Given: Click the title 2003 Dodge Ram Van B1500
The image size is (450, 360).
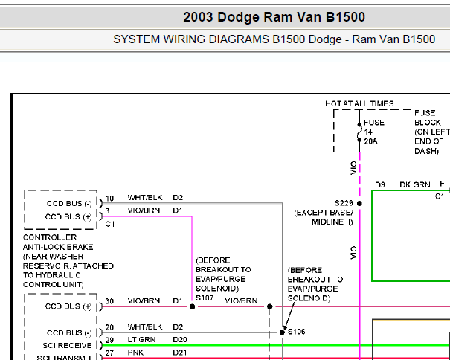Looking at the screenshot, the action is click(274, 17).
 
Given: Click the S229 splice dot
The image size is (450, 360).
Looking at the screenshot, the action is click(359, 203).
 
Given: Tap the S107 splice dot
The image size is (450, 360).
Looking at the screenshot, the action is click(193, 306).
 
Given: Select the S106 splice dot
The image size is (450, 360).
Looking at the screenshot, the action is click(282, 332).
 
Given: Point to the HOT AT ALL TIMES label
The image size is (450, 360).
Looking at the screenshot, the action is click(359, 103).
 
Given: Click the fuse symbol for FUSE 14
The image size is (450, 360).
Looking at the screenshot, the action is click(359, 132).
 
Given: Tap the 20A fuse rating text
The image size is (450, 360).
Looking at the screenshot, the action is click(371, 141).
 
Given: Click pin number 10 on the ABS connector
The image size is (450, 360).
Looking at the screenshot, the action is click(109, 199).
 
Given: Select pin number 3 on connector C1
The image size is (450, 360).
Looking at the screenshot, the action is click(107, 211).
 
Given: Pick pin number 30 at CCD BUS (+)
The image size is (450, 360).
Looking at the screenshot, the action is click(109, 301).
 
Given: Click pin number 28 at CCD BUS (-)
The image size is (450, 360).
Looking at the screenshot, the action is click(109, 327).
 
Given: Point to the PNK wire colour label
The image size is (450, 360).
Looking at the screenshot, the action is click(135, 353).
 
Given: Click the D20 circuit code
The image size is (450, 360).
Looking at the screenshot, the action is click(180, 340).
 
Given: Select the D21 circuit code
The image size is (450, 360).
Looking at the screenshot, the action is click(180, 353).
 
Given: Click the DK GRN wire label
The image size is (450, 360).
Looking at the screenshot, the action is click(415, 184).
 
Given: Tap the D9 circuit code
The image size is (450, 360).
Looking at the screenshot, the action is click(380, 184).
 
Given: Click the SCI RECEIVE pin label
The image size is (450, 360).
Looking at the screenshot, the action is click(67, 345).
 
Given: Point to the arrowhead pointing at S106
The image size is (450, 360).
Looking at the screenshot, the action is click(285, 328).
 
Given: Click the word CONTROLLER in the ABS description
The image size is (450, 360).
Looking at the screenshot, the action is click(50, 237).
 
